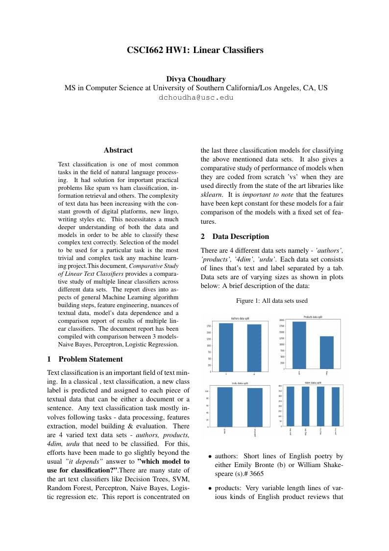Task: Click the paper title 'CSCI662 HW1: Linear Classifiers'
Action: [195, 50]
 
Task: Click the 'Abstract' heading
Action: [118, 150]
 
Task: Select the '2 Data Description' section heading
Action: [235, 236]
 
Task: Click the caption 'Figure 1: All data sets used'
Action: [272, 300]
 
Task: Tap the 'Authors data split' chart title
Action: [240, 318]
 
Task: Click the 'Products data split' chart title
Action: [313, 317]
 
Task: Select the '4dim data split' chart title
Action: [313, 382]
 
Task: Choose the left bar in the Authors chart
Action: [226, 347]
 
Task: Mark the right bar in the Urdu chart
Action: [255, 407]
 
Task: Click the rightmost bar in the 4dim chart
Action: [336, 407]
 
